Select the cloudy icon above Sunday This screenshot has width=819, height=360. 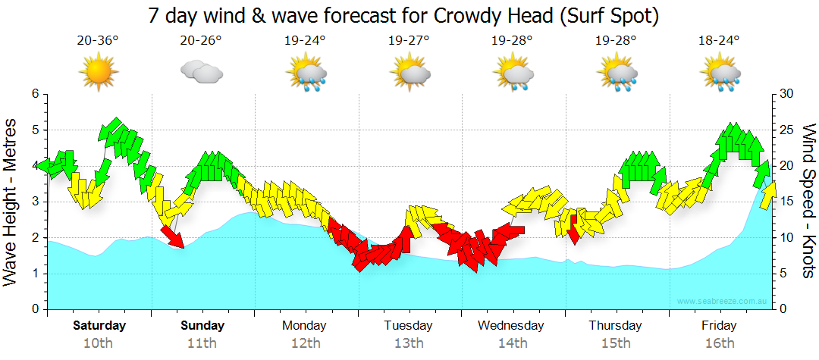[202, 72]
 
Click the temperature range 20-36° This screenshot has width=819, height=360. [99, 41]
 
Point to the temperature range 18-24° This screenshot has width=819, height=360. [719, 41]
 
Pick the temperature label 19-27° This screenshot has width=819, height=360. [409, 41]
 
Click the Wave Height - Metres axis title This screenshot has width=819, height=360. [11, 202]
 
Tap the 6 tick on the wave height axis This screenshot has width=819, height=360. [34, 94]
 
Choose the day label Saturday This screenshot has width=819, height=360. [99, 326]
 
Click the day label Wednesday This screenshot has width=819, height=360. [511, 326]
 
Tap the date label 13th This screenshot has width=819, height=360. [409, 343]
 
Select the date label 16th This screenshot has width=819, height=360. [719, 343]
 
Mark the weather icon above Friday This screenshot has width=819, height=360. [719, 74]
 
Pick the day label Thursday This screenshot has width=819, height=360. [615, 326]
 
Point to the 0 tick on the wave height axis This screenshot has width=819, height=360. [34, 310]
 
